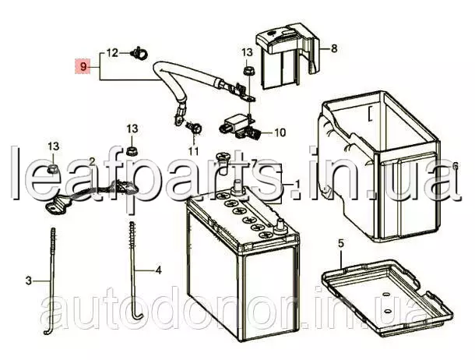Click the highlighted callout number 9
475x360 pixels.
tap(83, 66)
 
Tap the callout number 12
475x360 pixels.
tap(112, 53)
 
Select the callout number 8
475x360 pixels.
tap(334, 48)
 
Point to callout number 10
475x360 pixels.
tap(280, 132)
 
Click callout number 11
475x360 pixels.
tap(193, 151)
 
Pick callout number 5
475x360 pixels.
tap(341, 243)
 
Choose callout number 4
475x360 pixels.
tap(158, 270)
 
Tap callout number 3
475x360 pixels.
tap(28, 281)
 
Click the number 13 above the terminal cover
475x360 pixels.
tap(247, 52)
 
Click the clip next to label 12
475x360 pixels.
tap(139, 53)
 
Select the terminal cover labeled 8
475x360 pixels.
tap(288, 56)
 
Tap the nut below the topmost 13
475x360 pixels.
tap(248, 72)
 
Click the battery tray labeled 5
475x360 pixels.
tap(387, 297)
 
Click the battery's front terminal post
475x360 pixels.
tap(279, 228)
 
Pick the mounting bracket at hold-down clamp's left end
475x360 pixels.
tap(55, 207)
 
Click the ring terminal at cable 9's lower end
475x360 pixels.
tap(178, 119)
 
